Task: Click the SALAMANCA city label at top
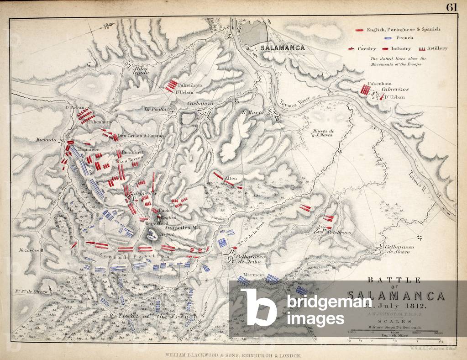click(282, 47)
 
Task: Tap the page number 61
click(451, 7)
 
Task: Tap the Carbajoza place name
click(200, 104)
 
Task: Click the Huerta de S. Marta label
click(323, 132)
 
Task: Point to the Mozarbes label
click(28, 250)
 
